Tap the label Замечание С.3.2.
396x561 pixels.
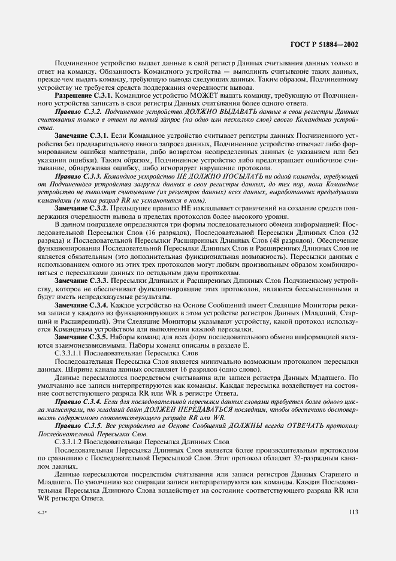pos(81,207)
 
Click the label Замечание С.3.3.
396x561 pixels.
pos(81,280)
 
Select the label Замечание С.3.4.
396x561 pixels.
pos(81,305)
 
